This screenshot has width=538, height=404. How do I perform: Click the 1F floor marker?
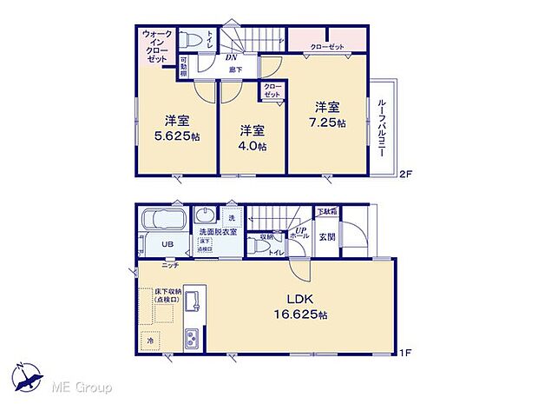403,351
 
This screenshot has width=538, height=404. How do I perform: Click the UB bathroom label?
167,245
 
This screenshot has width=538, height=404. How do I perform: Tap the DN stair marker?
232,58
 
